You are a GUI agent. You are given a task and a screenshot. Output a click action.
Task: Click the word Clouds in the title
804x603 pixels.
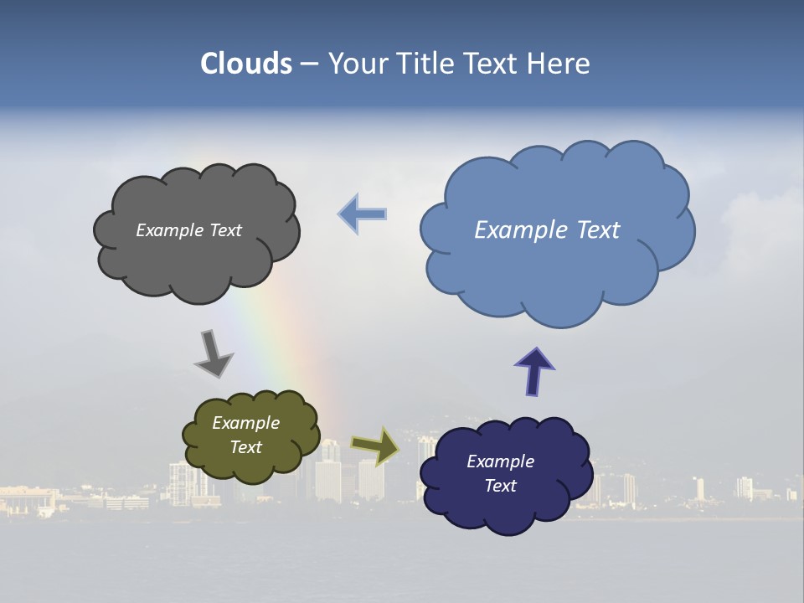point(246,64)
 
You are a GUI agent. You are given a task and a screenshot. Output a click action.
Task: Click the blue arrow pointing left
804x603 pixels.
point(363,214)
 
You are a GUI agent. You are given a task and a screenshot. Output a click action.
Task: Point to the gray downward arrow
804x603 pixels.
point(213,353)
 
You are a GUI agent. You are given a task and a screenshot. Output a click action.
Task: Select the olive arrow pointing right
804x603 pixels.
point(375,446)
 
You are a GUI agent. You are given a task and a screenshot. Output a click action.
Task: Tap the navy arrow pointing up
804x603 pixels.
point(533,370)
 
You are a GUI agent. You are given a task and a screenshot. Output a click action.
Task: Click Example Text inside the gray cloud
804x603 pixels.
point(188,230)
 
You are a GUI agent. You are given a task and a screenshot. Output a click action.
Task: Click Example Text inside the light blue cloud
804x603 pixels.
point(547,230)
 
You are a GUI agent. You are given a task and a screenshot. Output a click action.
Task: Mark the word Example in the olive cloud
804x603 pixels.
point(245,423)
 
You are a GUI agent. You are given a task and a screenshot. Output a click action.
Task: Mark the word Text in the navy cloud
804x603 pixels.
point(500,486)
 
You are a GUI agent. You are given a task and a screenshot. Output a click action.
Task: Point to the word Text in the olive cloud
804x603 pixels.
point(245,447)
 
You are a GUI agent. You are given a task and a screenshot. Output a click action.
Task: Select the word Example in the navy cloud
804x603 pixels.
point(500,461)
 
